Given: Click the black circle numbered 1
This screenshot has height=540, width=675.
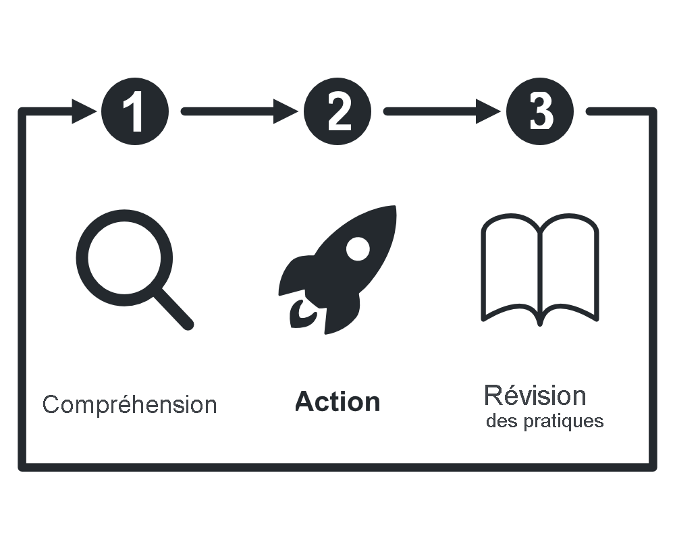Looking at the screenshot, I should [134, 111].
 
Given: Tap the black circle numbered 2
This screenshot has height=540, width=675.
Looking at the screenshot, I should [337, 111].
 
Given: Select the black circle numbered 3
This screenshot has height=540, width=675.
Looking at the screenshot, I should [539, 111].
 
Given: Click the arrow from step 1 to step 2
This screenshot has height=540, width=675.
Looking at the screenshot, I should [236, 111].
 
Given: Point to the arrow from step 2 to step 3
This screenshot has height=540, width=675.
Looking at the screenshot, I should [439, 111].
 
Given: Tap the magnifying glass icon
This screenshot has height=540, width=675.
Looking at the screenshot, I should [132, 267].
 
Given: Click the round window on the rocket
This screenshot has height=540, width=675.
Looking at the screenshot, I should [357, 248].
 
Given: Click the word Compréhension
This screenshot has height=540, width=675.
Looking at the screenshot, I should [130, 405].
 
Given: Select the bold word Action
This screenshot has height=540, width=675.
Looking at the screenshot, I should [337, 402].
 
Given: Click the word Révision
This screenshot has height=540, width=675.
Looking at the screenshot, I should [535, 395].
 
